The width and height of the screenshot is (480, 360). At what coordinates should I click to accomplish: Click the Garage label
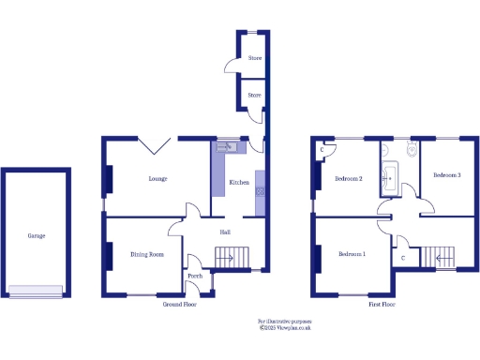pos(36,235)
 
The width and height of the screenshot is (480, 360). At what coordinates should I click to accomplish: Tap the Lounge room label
pos(157,178)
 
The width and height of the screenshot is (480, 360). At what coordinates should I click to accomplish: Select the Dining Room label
pos(147,254)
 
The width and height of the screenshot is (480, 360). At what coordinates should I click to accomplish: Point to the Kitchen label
pos(238,182)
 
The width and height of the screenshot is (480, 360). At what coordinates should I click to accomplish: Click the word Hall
pos(225,232)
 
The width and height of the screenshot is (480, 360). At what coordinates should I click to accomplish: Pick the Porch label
pos(195,276)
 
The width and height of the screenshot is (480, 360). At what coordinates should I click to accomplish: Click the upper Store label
pos(254,59)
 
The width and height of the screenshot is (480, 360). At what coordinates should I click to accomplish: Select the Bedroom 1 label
pos(352,254)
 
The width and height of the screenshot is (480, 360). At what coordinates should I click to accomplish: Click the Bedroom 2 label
pos(347,181)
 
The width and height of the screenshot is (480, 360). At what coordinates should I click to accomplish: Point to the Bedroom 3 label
pos(446,175)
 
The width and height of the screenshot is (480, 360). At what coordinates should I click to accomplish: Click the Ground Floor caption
pos(178,305)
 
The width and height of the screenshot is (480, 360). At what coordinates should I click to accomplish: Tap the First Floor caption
pos(382,305)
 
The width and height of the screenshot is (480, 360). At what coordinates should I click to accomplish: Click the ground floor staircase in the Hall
pos(229,256)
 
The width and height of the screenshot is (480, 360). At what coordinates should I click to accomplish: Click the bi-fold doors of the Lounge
pos(155,145)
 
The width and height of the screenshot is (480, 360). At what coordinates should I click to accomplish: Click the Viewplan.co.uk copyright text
pos(285,326)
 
